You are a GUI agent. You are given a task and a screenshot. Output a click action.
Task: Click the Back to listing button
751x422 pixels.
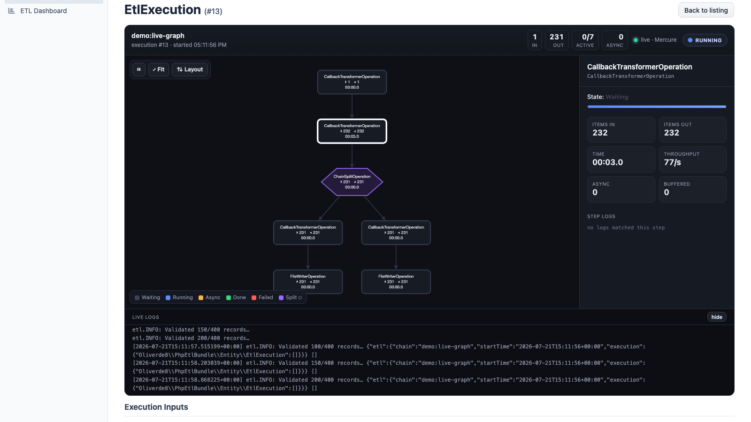coord(706,10)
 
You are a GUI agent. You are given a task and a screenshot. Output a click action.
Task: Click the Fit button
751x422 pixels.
coord(159,69)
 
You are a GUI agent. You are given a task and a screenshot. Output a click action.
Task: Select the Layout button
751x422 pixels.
coord(190,69)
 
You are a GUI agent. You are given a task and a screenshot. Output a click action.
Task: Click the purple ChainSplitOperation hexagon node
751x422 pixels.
coord(352,182)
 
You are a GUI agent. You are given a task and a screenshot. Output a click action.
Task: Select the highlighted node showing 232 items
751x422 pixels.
coord(352,131)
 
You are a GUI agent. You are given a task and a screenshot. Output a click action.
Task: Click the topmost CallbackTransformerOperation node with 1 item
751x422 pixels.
coord(352,82)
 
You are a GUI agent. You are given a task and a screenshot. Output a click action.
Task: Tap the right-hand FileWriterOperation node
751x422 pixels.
coord(396,282)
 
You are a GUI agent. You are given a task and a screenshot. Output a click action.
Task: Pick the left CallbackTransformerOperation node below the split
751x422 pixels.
coord(308,233)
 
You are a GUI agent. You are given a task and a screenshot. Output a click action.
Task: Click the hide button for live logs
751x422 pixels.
coord(717,317)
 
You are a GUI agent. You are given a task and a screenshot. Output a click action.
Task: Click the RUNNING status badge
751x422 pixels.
coord(705,40)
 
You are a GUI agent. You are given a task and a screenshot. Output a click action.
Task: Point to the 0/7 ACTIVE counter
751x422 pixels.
coord(585,40)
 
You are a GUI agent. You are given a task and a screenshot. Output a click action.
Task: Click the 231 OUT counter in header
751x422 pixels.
coord(557,40)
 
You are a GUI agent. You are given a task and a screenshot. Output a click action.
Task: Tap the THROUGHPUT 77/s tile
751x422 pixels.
coord(693,159)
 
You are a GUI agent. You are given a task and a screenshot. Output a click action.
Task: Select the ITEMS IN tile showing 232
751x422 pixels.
coord(621,129)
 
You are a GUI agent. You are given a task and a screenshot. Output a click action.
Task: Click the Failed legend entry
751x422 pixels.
coord(262,297)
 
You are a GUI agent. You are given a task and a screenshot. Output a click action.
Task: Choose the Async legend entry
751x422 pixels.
coord(209,297)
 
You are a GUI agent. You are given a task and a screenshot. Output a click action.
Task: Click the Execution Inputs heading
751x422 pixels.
coord(156,407)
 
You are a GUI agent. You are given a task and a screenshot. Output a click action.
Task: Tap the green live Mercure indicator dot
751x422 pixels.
coord(636,40)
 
